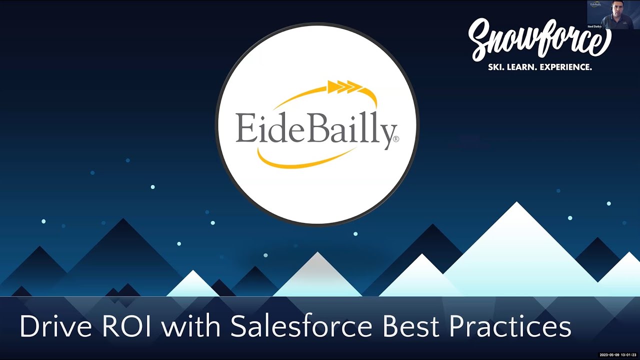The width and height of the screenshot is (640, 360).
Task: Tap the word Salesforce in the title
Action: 301,326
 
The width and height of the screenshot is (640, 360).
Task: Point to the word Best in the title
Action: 411,326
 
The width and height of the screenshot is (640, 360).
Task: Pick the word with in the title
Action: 193,326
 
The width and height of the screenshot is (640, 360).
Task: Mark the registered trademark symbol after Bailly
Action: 396,139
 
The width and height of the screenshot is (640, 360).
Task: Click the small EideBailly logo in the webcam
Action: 595,4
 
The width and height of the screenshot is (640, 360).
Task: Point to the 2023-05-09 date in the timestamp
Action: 609,354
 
